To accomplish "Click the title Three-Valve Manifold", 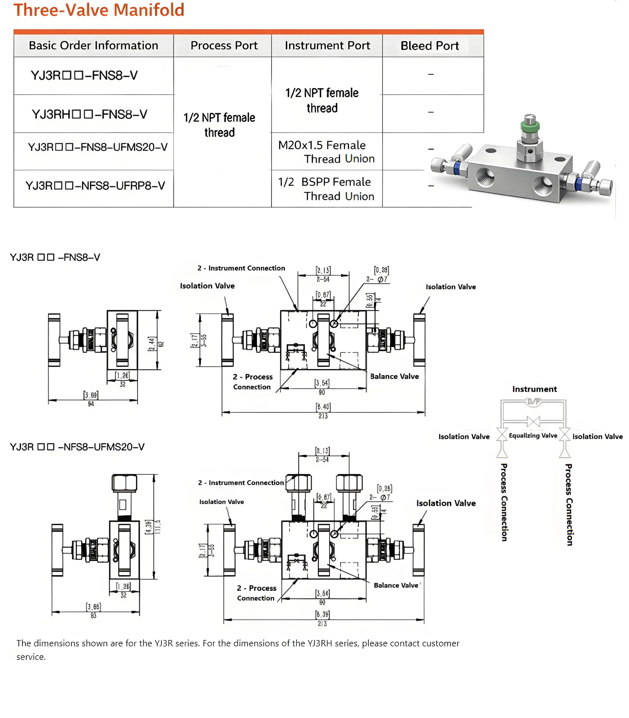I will (99, 10).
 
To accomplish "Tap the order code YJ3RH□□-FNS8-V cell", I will (89, 114).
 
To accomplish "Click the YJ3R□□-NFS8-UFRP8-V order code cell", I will (95, 185).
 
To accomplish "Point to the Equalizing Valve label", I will (533, 436).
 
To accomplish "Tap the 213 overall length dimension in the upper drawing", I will (323, 416).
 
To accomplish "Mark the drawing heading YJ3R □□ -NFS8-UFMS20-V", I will (77, 447).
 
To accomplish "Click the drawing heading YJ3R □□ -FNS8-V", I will (55, 257).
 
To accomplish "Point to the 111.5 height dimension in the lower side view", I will (158, 526).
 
